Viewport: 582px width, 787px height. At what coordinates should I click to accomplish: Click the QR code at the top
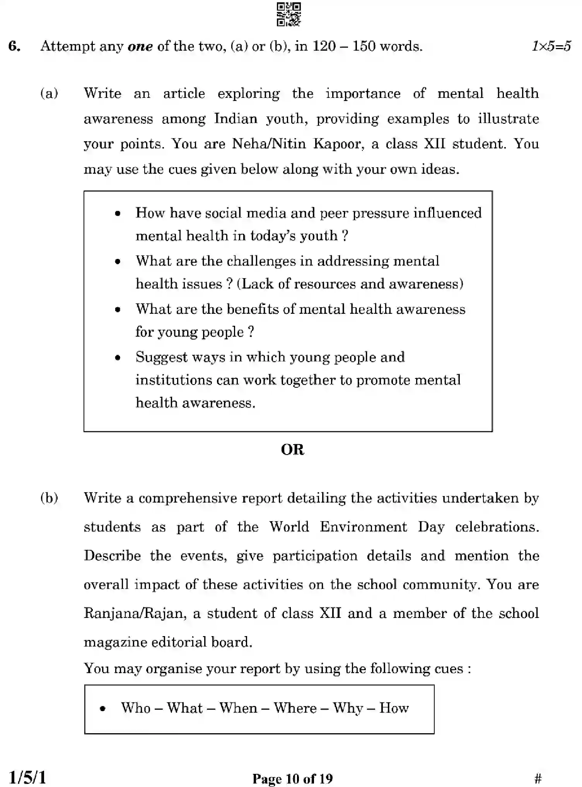click(x=289, y=14)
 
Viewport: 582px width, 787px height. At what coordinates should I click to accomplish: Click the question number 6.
click(x=14, y=46)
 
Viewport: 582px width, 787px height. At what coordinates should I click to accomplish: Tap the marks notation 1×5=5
click(x=551, y=46)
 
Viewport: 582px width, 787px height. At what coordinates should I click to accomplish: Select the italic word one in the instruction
click(x=140, y=47)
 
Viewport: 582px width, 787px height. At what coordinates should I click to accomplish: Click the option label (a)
click(x=49, y=93)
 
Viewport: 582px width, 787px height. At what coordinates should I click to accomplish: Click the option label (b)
click(x=49, y=498)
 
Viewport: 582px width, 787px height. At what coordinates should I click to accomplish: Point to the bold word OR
click(x=292, y=450)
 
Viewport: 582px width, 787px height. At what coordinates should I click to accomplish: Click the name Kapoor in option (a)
click(x=338, y=144)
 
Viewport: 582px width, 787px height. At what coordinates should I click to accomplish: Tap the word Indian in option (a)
click(x=236, y=119)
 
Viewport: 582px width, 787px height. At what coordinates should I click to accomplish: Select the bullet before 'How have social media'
click(x=118, y=214)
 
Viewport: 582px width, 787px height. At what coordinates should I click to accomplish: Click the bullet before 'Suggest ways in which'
click(x=118, y=358)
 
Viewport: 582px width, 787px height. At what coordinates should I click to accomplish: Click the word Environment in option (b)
click(x=363, y=527)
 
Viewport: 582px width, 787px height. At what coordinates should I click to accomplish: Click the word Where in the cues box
click(x=295, y=708)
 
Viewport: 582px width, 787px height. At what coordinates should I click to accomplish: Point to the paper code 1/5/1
click(x=27, y=777)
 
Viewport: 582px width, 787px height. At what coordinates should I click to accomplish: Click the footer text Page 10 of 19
click(x=292, y=778)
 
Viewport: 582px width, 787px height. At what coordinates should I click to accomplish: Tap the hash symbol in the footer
click(x=538, y=778)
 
